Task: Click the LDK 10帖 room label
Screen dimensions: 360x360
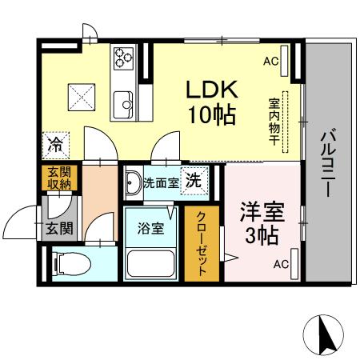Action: coord(210,101)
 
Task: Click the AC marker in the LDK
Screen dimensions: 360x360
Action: coord(270,61)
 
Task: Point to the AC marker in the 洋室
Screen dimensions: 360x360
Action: coord(281,264)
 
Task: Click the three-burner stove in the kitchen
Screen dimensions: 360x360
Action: coord(123,57)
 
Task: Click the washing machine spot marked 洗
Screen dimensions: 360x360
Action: coord(193,181)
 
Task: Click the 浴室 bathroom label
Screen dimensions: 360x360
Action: coord(152,229)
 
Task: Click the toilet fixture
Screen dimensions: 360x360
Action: coord(68,263)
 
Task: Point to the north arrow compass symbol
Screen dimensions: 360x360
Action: coord(325,333)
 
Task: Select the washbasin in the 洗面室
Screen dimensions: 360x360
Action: coord(134,179)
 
